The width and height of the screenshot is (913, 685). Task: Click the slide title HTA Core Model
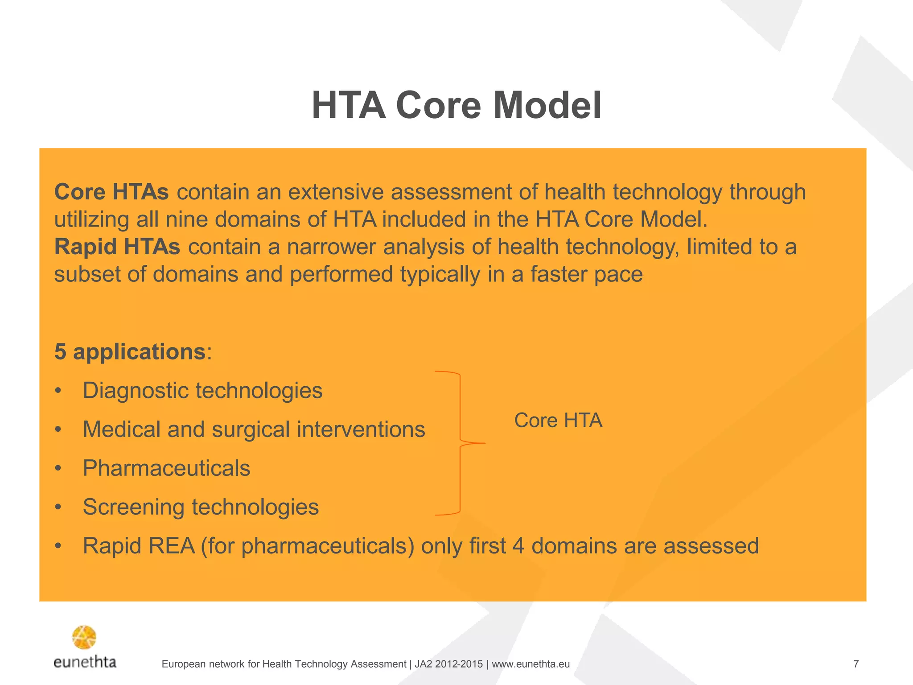[456, 106]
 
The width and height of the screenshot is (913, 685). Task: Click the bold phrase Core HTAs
[111, 192]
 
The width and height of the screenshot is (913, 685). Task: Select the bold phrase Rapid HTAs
[117, 247]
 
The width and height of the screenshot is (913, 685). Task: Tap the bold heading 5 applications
[130, 352]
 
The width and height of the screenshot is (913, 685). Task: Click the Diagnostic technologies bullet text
[202, 391]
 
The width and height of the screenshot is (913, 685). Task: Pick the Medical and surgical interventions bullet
[254, 429]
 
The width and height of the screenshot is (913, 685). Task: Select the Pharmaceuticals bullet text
[166, 468]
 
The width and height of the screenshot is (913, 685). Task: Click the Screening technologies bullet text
[201, 507]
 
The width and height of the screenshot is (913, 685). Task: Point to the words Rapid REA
[139, 546]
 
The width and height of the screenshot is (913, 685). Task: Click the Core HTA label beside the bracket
[558, 421]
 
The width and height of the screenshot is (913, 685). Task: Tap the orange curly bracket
[460, 443]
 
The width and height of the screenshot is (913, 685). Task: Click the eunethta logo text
[85, 662]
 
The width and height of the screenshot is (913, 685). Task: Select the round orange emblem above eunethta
[84, 637]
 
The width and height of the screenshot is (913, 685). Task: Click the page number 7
[856, 664]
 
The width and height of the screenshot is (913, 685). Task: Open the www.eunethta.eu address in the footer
[531, 664]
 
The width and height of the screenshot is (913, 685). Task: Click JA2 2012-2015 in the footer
[448, 664]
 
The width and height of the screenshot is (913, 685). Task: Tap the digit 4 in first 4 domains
[518, 546]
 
